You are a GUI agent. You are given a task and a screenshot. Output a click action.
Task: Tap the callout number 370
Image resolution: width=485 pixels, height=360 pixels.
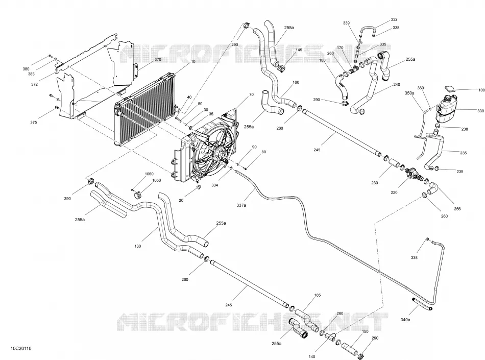click(158, 59)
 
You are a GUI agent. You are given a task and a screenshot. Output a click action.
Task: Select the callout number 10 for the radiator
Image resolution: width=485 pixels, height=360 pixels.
click(193, 62)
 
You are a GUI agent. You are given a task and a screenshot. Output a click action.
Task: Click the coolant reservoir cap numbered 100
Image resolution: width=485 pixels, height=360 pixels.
click(449, 90)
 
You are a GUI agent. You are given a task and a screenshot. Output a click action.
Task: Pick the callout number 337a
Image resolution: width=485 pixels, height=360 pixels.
click(241, 205)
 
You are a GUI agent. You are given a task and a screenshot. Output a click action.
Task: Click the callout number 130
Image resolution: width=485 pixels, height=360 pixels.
click(138, 246)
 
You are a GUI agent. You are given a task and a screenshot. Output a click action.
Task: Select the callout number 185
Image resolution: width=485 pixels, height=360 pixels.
click(318, 295)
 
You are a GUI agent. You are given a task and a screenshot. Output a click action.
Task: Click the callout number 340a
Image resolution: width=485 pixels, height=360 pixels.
click(405, 320)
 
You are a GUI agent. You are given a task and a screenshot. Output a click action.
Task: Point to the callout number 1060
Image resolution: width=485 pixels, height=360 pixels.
click(149, 174)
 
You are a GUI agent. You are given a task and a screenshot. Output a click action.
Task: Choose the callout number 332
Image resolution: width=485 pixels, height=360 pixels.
click(394, 19)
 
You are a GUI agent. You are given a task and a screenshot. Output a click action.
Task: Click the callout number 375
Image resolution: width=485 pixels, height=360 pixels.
click(33, 123)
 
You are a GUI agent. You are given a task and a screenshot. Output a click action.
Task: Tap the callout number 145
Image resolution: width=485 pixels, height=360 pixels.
click(299, 50)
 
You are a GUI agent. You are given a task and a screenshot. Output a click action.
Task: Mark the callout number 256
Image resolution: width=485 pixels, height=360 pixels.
click(457, 209)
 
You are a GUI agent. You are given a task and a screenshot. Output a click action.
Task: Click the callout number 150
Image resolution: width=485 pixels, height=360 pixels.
click(365, 331)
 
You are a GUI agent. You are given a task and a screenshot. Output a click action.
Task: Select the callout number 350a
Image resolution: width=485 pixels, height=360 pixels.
click(409, 93)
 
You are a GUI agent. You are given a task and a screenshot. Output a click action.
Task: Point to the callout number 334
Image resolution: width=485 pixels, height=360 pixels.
click(214, 185)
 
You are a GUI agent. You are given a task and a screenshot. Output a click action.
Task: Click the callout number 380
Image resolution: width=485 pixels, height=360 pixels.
click(26, 69)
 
